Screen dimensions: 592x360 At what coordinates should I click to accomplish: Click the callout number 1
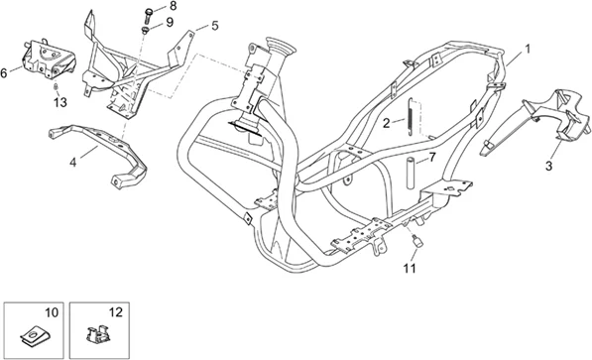pos(528,49)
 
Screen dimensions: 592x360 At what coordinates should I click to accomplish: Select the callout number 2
pos(386,123)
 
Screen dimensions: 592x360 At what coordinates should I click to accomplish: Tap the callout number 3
pos(549,166)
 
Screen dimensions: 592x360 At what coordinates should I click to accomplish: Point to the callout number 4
pos(72,163)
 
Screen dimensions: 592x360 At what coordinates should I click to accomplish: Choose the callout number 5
pos(215,26)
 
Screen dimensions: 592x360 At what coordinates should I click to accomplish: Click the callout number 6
pos(4,73)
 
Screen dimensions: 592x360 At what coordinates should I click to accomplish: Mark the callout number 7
pos(432,157)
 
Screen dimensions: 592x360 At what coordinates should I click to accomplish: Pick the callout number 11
pos(410,268)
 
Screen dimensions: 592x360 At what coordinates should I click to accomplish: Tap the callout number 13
pos(60,102)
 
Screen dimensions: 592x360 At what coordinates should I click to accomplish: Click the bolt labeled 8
pos(149,16)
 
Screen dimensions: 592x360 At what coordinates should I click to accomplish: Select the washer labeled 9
pos(146,30)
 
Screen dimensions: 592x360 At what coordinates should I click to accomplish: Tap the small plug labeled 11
pos(417,241)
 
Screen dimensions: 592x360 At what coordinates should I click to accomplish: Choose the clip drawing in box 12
pos(97,333)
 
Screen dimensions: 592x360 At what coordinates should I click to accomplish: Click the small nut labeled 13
pos(56,87)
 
